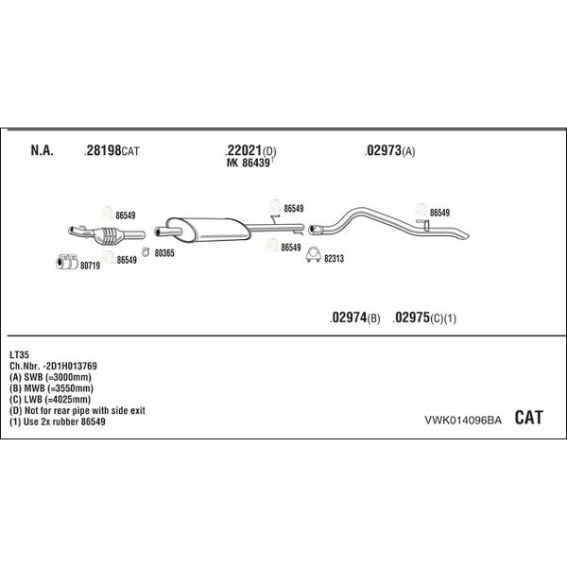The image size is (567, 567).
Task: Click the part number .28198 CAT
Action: (x=112, y=150)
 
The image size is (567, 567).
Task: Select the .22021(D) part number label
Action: (x=250, y=150)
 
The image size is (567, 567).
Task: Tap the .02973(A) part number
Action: (x=389, y=150)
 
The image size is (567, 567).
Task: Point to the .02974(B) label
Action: (x=354, y=318)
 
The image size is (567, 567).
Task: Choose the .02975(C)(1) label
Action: (x=424, y=318)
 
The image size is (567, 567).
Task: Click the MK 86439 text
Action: (x=249, y=163)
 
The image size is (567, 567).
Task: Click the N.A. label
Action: (x=42, y=150)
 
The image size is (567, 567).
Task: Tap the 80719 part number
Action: (x=90, y=266)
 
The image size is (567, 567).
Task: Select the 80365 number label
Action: (x=164, y=253)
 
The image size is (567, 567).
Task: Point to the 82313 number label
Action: (x=334, y=259)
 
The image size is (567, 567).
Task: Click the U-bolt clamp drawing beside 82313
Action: (x=313, y=254)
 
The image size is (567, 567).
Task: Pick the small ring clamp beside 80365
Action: (x=146, y=252)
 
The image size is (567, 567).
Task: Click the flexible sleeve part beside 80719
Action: (x=67, y=262)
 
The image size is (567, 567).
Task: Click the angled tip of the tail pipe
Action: (x=467, y=236)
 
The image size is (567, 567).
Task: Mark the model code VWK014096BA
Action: (x=463, y=420)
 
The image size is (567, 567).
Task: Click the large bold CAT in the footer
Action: (x=528, y=418)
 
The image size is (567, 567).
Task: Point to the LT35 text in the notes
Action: (x=19, y=354)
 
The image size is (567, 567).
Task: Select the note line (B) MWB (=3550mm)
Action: (x=51, y=388)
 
